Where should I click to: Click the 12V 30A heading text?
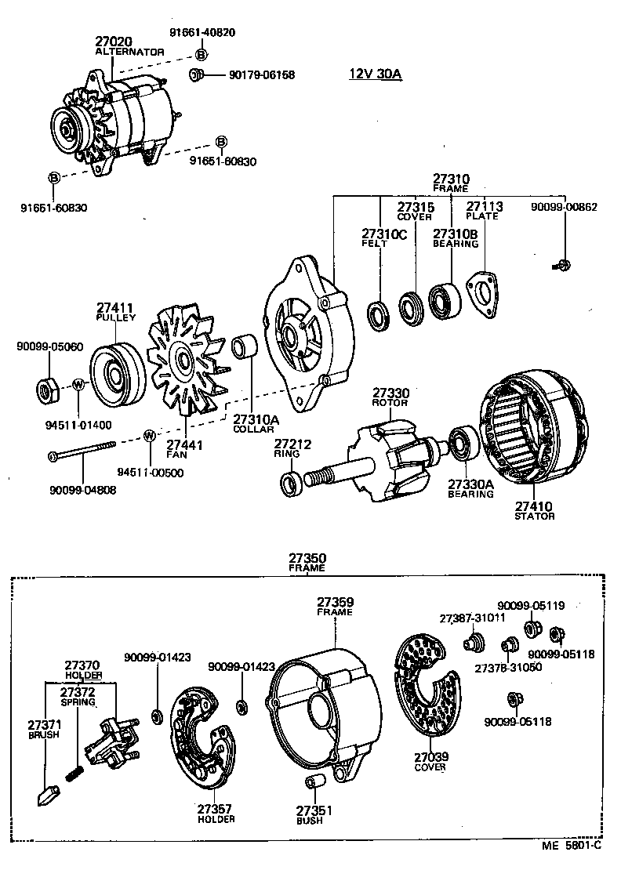pos(375,74)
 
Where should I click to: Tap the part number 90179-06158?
pos(262,75)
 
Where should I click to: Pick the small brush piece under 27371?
pos(45,794)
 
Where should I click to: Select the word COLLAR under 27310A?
pos(250,430)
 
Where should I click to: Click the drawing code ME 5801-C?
pos(572,845)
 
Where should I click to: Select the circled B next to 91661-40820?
pos(201,54)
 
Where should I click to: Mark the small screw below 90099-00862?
pos(561,266)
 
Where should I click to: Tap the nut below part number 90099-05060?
pos(46,389)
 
